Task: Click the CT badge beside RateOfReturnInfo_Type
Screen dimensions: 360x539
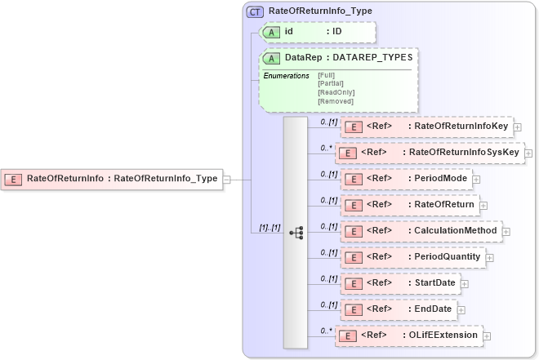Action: (x=255, y=12)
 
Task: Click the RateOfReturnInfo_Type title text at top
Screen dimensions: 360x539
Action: (x=311, y=12)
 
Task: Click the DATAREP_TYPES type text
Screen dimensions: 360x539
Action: (x=372, y=58)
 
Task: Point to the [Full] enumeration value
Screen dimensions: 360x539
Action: (x=326, y=75)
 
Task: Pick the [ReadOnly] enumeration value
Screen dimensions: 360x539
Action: (x=335, y=92)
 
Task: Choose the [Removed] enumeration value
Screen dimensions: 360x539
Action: (x=335, y=101)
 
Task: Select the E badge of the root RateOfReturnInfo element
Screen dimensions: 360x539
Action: (x=14, y=179)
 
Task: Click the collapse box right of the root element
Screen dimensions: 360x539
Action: (x=226, y=179)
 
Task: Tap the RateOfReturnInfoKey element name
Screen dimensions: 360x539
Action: (x=461, y=127)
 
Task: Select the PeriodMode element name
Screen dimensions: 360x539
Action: (x=440, y=179)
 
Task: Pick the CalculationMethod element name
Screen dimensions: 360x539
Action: (x=455, y=231)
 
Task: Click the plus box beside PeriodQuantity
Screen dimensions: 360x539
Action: (x=490, y=257)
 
